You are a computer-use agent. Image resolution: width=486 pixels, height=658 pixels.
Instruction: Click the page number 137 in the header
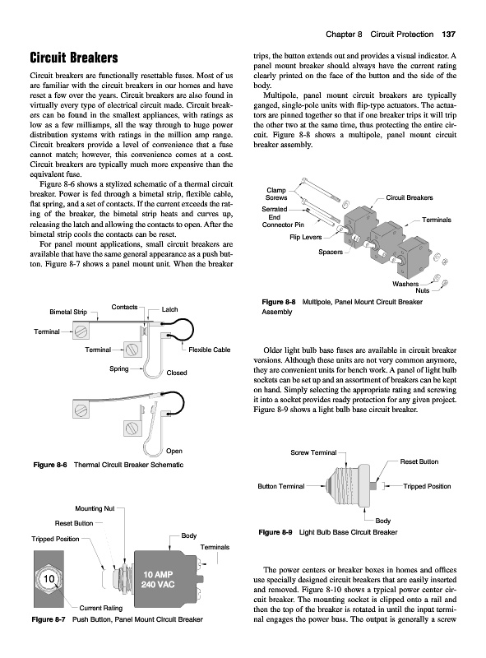(448, 35)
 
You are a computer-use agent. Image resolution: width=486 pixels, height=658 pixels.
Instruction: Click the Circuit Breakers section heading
(74, 58)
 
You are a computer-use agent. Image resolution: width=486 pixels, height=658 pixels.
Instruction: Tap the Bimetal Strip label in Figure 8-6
(68, 312)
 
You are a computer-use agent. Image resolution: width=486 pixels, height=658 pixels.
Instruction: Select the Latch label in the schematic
(169, 309)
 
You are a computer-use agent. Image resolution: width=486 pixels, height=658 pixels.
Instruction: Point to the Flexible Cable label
(210, 350)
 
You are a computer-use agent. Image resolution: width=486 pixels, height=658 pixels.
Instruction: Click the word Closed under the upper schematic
(177, 373)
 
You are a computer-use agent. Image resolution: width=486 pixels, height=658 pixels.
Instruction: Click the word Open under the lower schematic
(174, 451)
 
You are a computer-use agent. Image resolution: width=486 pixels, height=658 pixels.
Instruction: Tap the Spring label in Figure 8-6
(118, 368)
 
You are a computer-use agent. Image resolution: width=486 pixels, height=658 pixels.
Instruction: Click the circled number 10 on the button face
(49, 579)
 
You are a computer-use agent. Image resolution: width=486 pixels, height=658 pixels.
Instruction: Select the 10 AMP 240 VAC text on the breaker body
(158, 580)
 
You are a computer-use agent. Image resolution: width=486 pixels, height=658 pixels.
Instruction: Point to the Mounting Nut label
(95, 508)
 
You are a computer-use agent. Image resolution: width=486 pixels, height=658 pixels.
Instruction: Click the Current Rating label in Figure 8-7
(100, 608)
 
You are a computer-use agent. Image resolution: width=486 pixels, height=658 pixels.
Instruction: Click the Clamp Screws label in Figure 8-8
(276, 194)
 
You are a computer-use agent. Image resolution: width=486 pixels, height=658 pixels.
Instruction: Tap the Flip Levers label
(306, 237)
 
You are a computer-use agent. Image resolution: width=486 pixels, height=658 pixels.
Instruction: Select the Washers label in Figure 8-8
(405, 284)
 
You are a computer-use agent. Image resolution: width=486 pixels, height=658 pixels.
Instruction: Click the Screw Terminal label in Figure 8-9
(313, 452)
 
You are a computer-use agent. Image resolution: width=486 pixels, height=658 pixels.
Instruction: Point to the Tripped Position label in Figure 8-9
(427, 486)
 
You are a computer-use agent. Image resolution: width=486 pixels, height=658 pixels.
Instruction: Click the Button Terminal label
(280, 486)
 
